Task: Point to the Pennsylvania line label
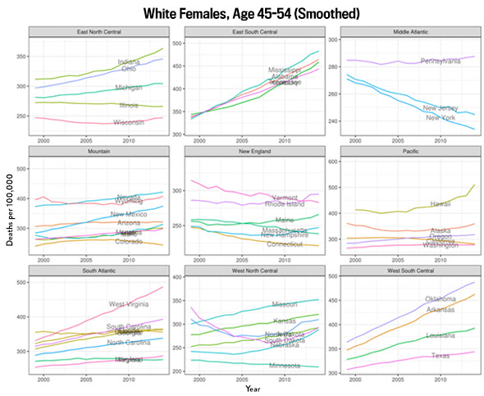click(x=441, y=61)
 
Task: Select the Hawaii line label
click(x=441, y=203)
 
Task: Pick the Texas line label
click(x=441, y=356)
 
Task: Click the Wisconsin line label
click(x=130, y=123)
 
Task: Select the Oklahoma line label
click(x=441, y=298)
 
